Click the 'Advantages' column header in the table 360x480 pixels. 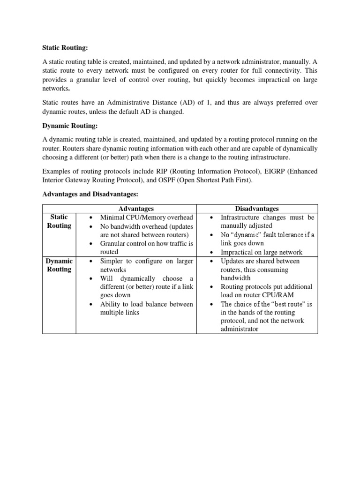click(x=136, y=209)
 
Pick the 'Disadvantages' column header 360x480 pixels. click(x=257, y=209)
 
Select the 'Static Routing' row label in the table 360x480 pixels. click(x=59, y=221)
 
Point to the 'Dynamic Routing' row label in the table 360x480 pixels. click(x=59, y=265)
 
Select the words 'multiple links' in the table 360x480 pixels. click(x=120, y=312)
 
